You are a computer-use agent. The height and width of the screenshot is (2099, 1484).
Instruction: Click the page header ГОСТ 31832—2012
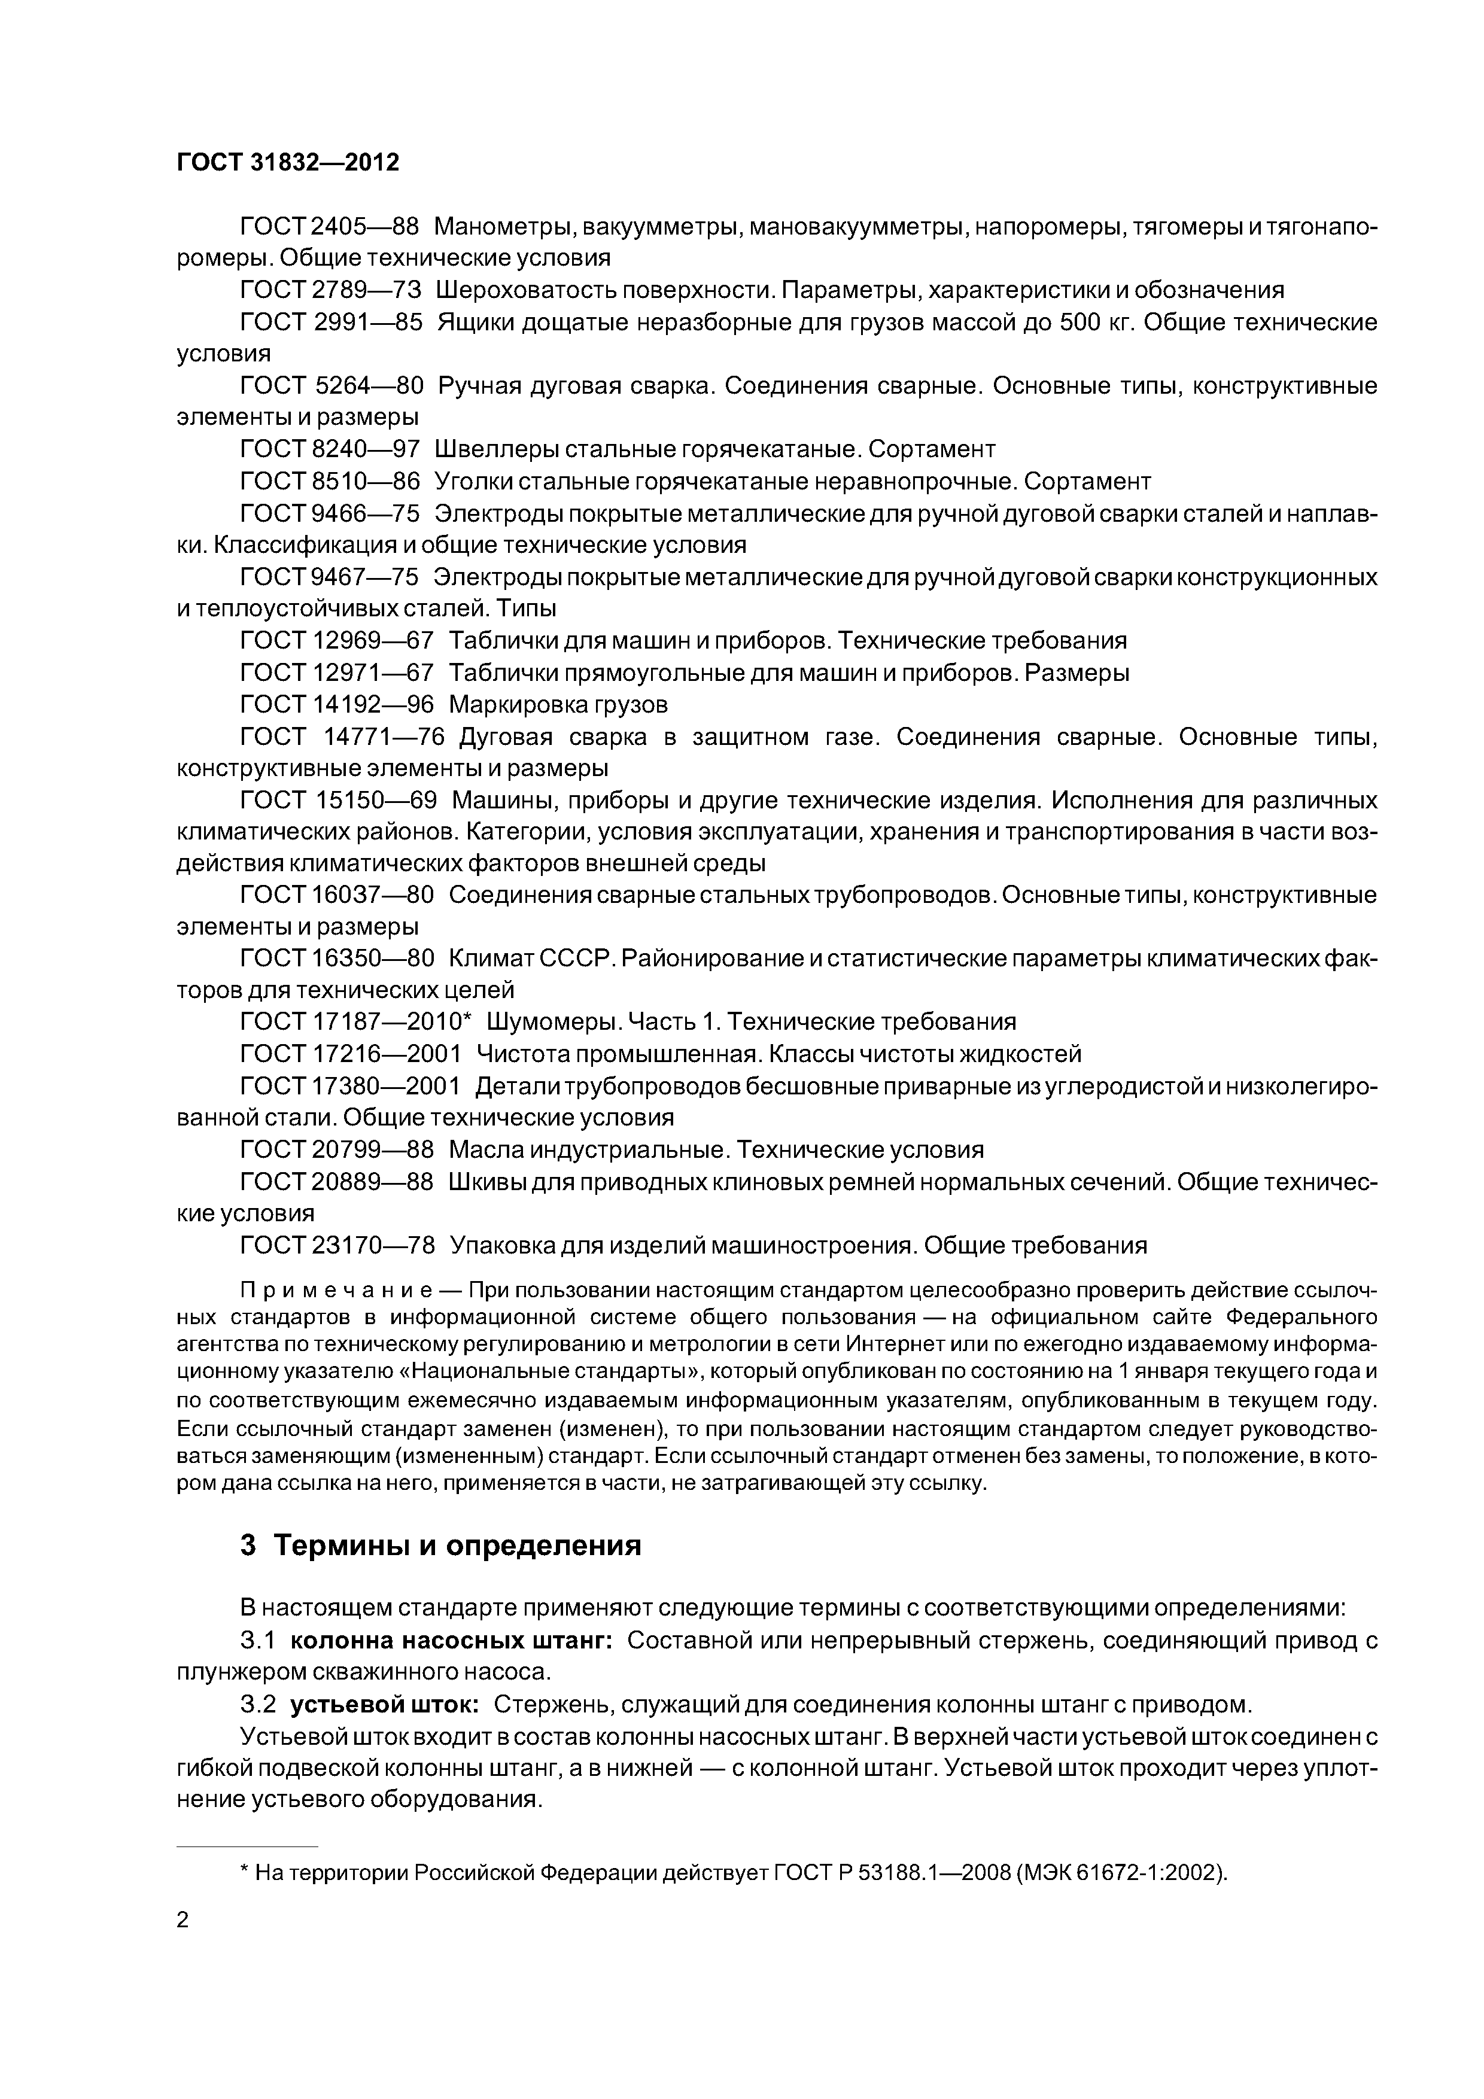pyautogui.click(x=287, y=163)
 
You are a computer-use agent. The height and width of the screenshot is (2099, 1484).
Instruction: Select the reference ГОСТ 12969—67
pyautogui.click(x=336, y=640)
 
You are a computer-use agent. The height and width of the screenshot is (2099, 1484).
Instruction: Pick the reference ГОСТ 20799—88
pyautogui.click(x=336, y=1149)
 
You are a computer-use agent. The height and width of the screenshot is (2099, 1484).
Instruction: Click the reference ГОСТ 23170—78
pyautogui.click(x=336, y=1245)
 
